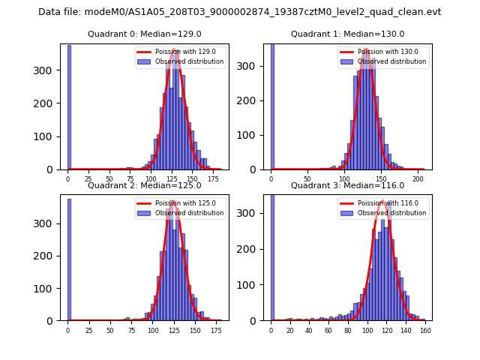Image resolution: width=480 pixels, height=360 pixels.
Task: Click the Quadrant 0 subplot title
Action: (x=145, y=34)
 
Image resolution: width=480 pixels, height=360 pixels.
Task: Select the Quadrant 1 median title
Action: (x=347, y=34)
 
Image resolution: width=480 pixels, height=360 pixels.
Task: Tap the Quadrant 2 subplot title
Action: (x=145, y=185)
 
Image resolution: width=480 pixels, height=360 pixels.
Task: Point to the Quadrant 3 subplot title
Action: (x=347, y=185)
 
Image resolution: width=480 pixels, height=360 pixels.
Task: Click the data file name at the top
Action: (x=239, y=12)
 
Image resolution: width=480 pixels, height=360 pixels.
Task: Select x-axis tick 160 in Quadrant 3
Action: (x=424, y=330)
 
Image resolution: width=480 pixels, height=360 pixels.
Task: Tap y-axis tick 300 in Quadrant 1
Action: (x=256, y=66)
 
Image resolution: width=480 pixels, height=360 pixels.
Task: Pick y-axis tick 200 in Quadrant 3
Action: (x=256, y=249)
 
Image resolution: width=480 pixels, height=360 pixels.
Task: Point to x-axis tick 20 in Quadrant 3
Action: (x=290, y=330)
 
